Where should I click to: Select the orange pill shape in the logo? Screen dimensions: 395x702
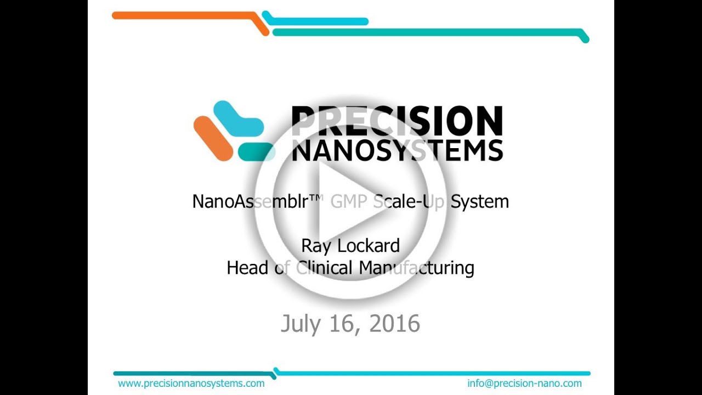coord(213,138)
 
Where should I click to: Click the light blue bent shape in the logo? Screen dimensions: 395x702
coord(237,118)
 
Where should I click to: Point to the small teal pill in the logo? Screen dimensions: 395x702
coord(256,152)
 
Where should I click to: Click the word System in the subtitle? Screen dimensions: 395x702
coord(480,201)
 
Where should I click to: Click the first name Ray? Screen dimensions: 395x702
coord(316,246)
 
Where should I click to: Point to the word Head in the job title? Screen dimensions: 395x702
coord(247,268)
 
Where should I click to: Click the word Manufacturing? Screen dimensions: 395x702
coord(416,268)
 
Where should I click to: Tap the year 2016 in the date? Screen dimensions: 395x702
coord(394,324)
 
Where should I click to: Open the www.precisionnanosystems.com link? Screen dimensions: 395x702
coord(191,383)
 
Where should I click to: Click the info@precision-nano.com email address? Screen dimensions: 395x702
coord(524,383)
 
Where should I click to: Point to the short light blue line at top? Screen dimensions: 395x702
coord(318,21)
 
